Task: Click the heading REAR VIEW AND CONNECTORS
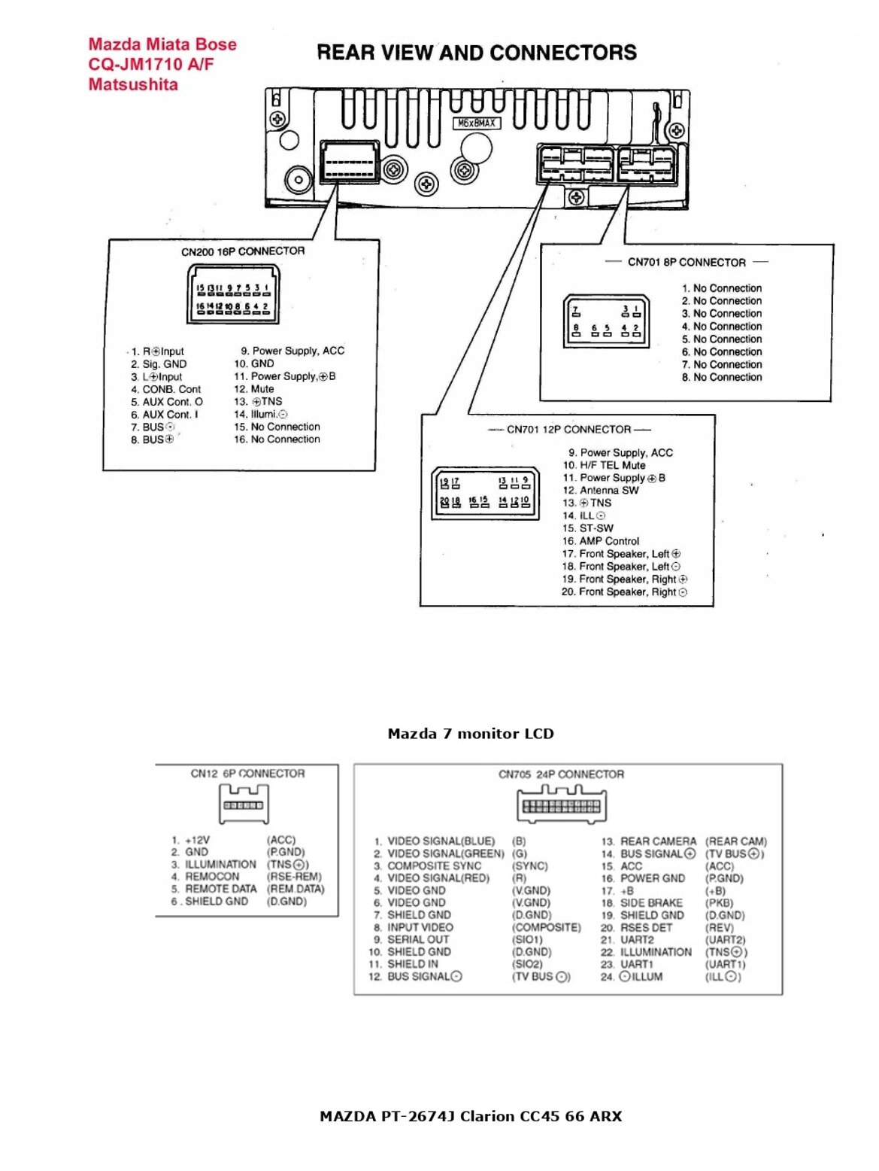pos(477,53)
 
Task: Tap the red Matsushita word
pos(133,84)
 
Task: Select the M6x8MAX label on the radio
pos(477,123)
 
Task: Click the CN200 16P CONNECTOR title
pos(243,251)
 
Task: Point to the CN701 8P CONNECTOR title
pos(687,263)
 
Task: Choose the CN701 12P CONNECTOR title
pos(568,430)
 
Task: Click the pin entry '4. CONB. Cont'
pos(166,389)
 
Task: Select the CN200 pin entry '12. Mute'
pos(254,389)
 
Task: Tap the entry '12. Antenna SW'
pos(601,490)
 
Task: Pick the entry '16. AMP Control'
pos(601,541)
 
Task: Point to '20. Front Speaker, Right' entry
pos(624,592)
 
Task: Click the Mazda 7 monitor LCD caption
pos(471,734)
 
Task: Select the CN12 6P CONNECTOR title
pos(247,774)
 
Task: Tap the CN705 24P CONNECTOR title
pos(561,774)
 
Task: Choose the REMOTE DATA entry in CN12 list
pos(220,889)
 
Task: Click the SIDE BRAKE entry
pos(651,903)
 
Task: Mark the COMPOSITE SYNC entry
pos(434,866)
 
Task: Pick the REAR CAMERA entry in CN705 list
pos(658,841)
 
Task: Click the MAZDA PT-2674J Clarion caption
pos(471,1116)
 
